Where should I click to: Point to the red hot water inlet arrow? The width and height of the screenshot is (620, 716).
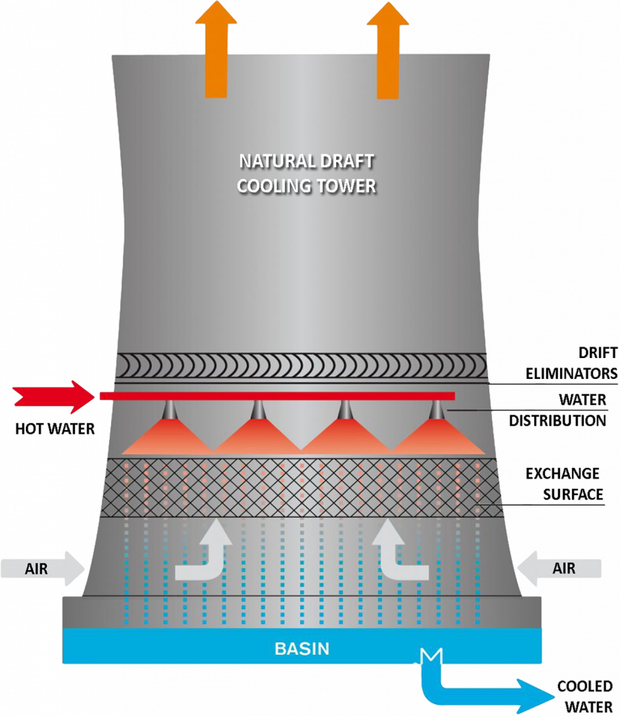[53, 396]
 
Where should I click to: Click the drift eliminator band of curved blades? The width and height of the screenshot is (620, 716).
[301, 366]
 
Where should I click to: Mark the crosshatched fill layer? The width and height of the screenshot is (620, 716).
[301, 487]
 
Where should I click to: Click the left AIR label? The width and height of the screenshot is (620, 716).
[36, 568]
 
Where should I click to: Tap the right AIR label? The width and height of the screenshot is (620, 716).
[563, 568]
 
